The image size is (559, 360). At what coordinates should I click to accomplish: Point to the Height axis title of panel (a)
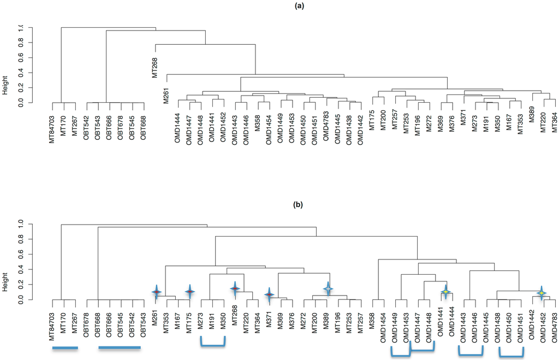pyautogui.click(x=5, y=84)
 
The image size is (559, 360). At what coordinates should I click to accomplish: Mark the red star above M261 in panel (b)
pyautogui.click(x=156, y=292)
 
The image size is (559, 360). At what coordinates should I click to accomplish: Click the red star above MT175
pyautogui.click(x=189, y=292)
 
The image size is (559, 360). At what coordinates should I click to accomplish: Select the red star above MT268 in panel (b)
pyautogui.click(x=234, y=289)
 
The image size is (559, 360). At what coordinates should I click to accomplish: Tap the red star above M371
pyautogui.click(x=269, y=295)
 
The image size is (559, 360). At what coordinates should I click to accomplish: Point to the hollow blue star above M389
pyautogui.click(x=328, y=289)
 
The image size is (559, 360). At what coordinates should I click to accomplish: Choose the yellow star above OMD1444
pyautogui.click(x=446, y=292)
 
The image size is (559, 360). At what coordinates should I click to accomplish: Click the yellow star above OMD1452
pyautogui.click(x=541, y=293)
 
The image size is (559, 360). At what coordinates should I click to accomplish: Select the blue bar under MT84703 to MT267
pyautogui.click(x=65, y=348)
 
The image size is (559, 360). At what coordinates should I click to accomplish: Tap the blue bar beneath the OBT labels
pyautogui.click(x=120, y=347)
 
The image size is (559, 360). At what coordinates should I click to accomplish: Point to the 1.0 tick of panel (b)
pyautogui.click(x=22, y=223)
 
